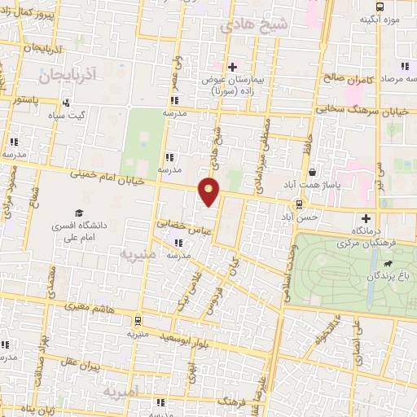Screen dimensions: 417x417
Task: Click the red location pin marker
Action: [x=209, y=191]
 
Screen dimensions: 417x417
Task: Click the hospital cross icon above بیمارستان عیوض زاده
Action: [x=232, y=67]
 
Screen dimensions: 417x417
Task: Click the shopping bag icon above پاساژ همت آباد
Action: [x=313, y=172]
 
